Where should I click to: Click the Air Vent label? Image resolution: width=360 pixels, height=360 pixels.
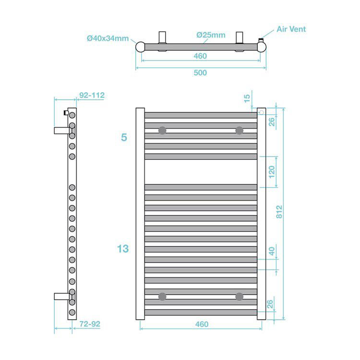pos(291,29)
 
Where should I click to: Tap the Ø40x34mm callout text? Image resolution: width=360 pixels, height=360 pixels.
pos(108,38)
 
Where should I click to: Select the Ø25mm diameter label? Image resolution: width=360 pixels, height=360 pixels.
pos(211,35)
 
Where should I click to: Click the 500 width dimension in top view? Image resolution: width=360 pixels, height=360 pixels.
pos(200,72)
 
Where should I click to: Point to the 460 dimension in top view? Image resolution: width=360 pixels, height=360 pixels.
pos(200,56)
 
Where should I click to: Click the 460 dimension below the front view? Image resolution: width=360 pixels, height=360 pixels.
pos(202,324)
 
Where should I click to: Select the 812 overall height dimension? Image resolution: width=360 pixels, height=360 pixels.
pos(279,212)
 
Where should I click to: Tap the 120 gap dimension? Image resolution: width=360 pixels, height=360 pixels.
pos(272,172)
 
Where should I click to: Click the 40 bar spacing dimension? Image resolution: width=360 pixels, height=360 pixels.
pos(272,251)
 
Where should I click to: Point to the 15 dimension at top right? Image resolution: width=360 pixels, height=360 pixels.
pos(247,98)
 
